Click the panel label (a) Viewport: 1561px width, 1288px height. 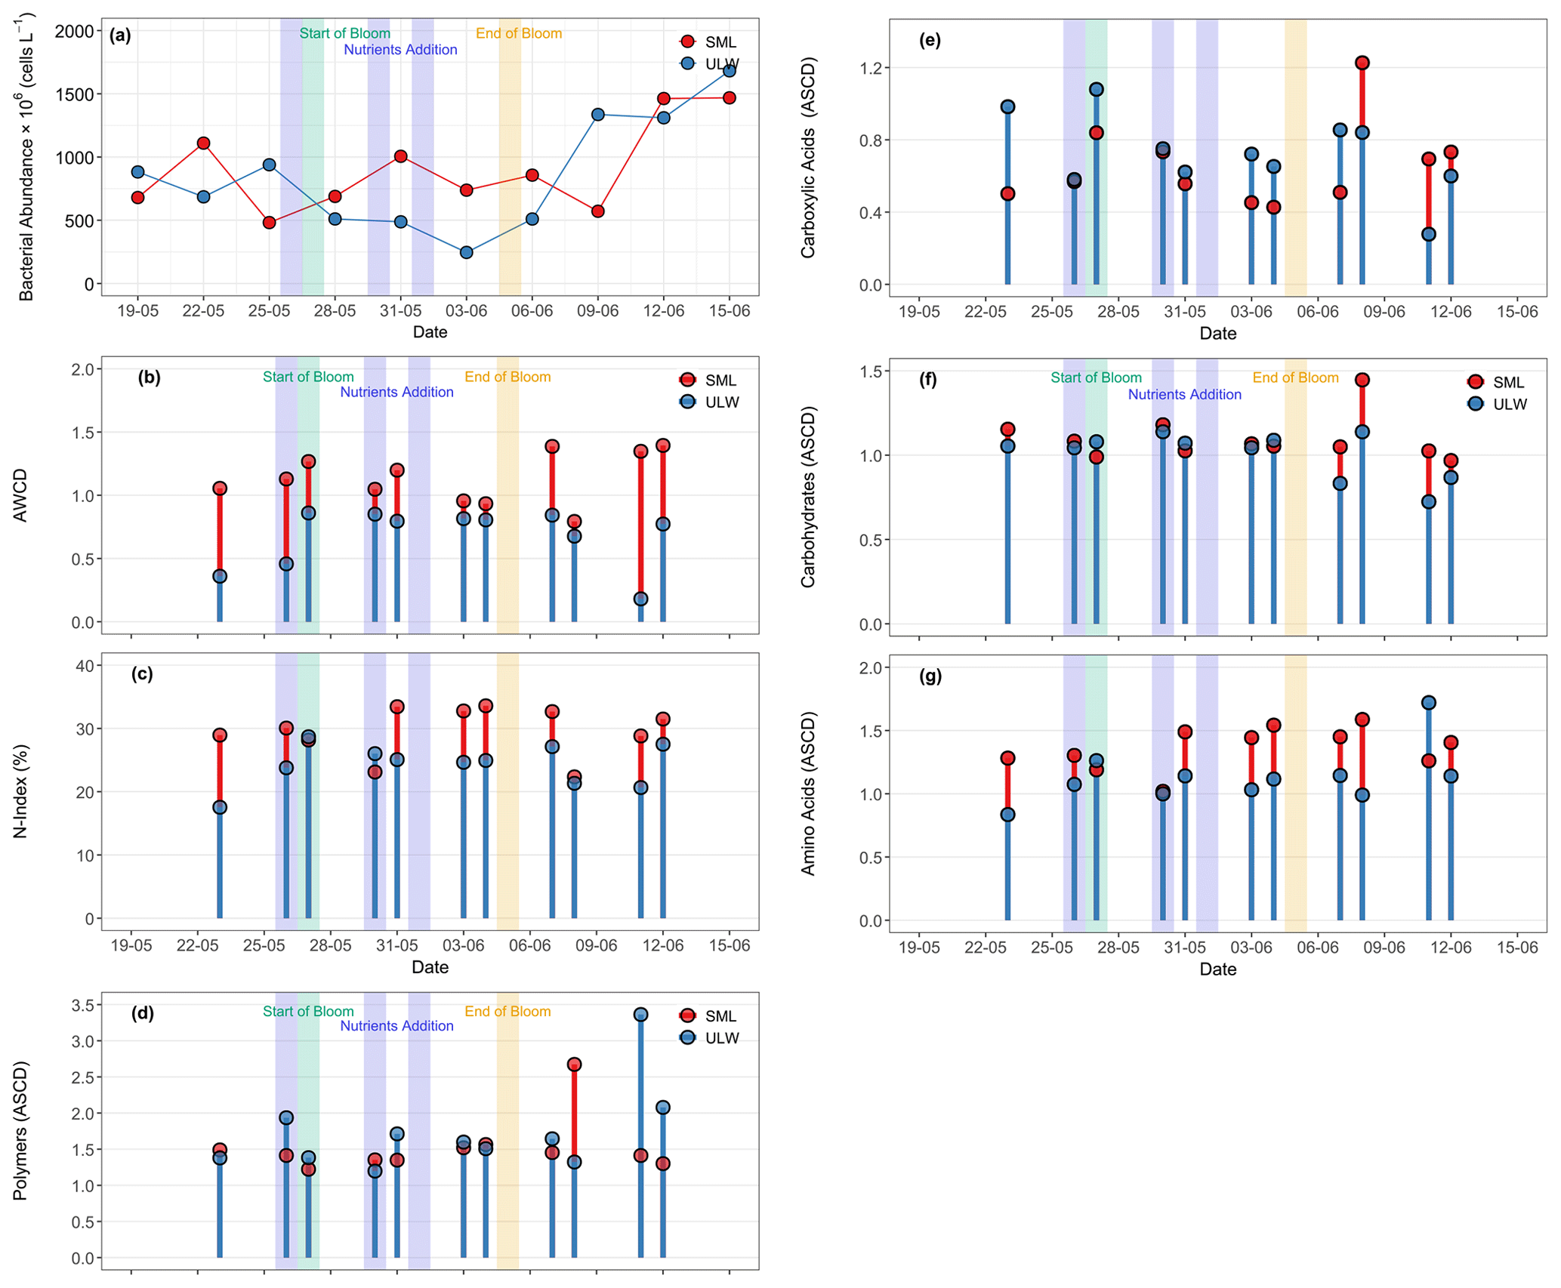tap(120, 35)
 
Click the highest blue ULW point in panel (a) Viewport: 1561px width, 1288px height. tap(729, 70)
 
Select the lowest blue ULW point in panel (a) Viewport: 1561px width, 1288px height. tap(466, 252)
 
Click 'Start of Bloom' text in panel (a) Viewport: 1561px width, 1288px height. tap(344, 33)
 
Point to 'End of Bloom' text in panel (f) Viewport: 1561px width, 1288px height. tap(1295, 377)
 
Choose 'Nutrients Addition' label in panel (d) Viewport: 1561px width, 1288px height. tap(396, 1025)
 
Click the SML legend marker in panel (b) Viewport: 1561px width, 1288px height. tap(687, 380)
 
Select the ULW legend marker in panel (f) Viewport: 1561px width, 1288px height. tap(1475, 404)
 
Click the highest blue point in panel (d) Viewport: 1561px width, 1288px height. tap(640, 1014)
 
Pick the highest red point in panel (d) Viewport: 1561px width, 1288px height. tap(574, 1065)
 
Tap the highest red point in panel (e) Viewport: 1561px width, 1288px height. tap(1362, 63)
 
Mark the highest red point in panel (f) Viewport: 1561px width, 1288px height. tap(1362, 380)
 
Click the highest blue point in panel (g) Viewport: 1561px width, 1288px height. tap(1428, 703)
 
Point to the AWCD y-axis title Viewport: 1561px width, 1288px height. tap(20, 495)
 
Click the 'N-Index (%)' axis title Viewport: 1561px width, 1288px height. tap(20, 791)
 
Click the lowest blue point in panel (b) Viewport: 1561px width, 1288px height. tap(640, 599)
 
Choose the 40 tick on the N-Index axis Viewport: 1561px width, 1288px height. tap(85, 665)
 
